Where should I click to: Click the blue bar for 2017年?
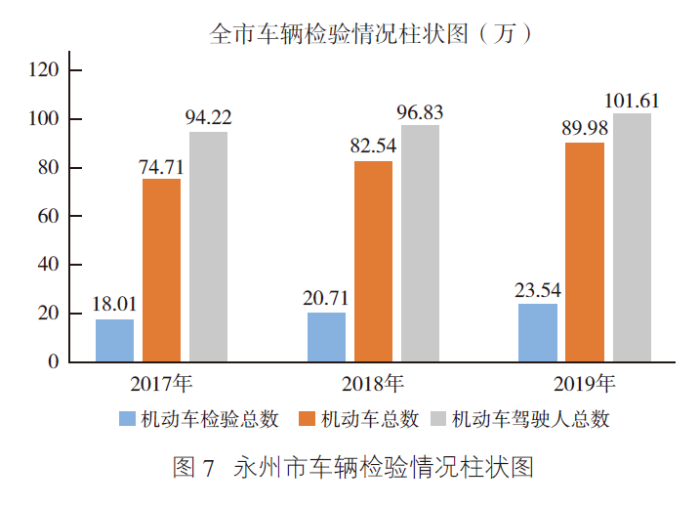pyautogui.click(x=114, y=340)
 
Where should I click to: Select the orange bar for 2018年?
pyautogui.click(x=373, y=261)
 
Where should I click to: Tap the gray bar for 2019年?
pyautogui.click(x=632, y=237)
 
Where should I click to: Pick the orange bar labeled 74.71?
pyautogui.click(x=161, y=270)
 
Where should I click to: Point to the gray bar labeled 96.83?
pyautogui.click(x=420, y=243)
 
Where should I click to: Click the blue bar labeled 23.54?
pyautogui.click(x=538, y=332)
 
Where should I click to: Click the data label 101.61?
pyautogui.click(x=632, y=101)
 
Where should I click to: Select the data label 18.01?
pyautogui.click(x=114, y=304)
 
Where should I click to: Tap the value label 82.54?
pyautogui.click(x=373, y=147)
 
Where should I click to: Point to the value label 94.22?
pyautogui.click(x=208, y=117)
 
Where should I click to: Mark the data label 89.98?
pyautogui.click(x=585, y=128)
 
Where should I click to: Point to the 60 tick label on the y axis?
pyautogui.click(x=50, y=216)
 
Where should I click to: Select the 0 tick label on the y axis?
pyautogui.click(x=55, y=362)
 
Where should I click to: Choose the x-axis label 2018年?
pyautogui.click(x=372, y=382)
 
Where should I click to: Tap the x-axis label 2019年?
pyautogui.click(x=584, y=382)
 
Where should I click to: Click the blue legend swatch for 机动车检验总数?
pyautogui.click(x=126, y=419)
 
